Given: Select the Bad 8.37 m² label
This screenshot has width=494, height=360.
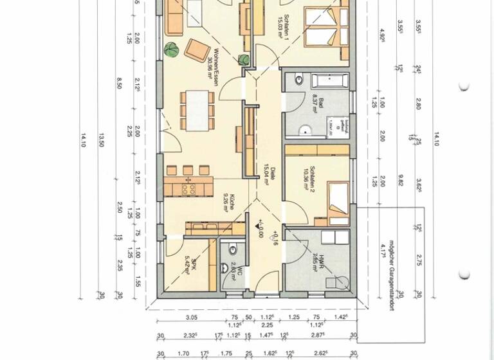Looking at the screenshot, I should [x=315, y=105].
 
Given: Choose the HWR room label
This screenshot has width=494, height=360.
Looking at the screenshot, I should [x=314, y=264].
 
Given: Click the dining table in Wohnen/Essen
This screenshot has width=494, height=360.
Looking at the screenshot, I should [x=197, y=109].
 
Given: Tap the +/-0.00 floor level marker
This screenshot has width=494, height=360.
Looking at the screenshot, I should [x=259, y=229].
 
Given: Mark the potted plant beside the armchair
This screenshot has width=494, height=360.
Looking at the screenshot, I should [x=172, y=48].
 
